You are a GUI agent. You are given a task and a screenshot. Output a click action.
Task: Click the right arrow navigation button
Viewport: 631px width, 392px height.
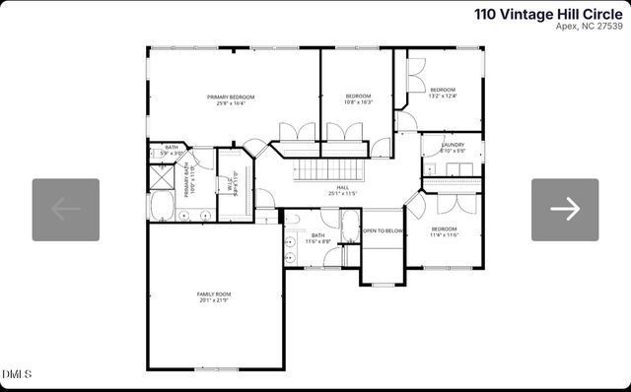click(565, 209)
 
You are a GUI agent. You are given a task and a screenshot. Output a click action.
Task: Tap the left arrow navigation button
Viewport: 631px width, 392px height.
click(66, 209)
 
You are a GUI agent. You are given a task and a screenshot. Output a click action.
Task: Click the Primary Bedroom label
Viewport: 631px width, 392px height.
click(231, 99)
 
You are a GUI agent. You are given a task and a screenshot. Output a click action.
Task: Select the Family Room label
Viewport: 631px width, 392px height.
click(213, 297)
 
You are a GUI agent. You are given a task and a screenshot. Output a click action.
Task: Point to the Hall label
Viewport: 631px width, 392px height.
click(342, 190)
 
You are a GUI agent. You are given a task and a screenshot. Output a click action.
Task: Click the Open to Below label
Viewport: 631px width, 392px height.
click(383, 230)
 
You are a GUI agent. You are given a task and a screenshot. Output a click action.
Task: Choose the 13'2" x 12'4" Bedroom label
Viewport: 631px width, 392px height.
click(442, 93)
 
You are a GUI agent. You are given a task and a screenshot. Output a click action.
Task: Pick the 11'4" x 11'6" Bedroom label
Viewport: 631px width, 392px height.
click(445, 231)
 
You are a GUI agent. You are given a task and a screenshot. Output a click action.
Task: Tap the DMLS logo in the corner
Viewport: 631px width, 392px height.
click(17, 374)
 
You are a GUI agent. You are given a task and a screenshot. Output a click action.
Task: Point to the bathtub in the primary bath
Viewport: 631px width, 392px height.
click(163, 209)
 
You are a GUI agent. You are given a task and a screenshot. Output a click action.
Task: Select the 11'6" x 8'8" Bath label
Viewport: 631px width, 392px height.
click(317, 238)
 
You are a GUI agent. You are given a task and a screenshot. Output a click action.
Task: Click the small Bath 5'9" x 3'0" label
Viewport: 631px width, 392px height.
click(172, 150)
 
